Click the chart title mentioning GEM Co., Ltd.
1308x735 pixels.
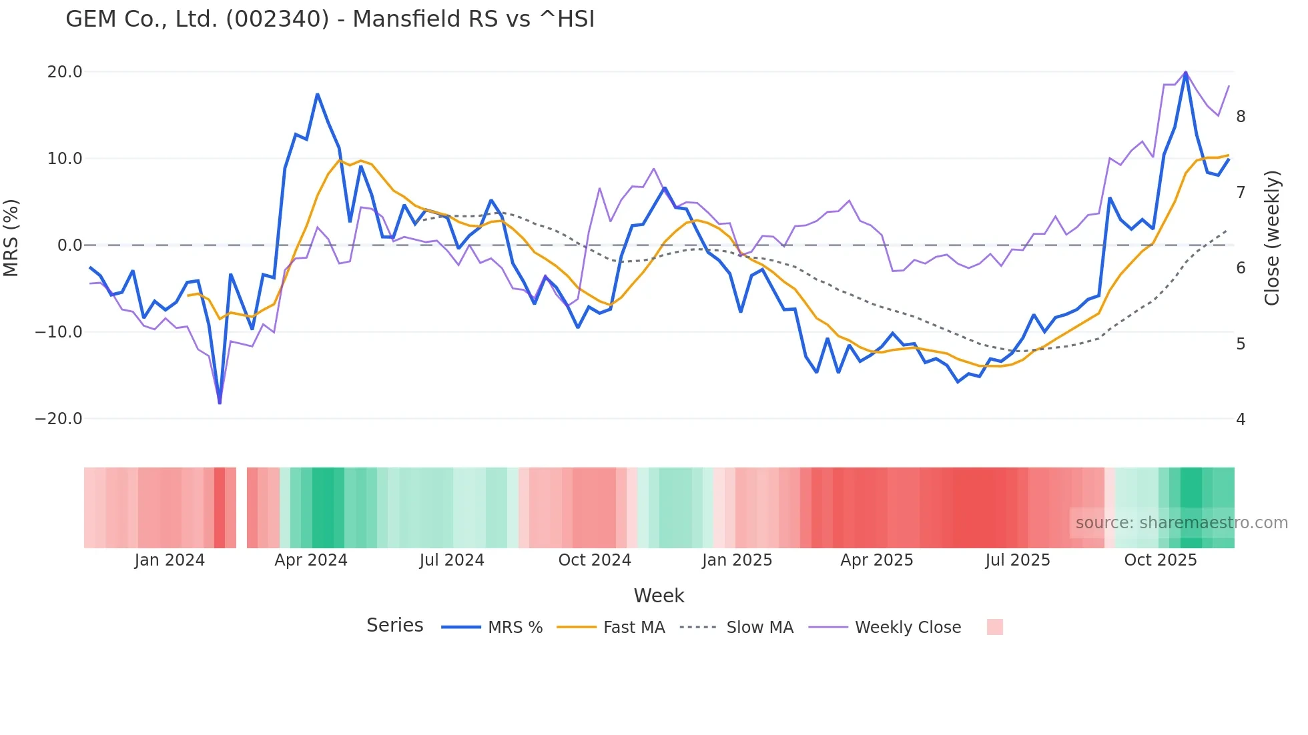tap(330, 19)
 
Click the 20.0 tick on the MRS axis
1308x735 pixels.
tap(65, 72)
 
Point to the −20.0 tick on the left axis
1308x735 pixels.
tap(59, 419)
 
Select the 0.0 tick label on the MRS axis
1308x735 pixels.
tap(69, 245)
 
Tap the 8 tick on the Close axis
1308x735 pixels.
tap(1241, 117)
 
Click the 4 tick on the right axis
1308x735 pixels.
tap(1241, 420)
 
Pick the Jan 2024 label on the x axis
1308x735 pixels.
tap(170, 560)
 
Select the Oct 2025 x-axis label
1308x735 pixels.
tap(1161, 560)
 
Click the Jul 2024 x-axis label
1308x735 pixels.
tap(452, 560)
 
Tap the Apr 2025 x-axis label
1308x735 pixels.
tap(876, 560)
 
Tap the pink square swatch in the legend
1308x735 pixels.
tap(994, 627)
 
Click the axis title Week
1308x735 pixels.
tap(659, 596)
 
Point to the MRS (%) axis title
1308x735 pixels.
tap(11, 238)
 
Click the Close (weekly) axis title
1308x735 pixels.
tap(1272, 238)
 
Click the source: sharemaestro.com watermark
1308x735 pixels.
tap(1181, 523)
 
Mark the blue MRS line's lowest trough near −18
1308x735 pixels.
tap(220, 402)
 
